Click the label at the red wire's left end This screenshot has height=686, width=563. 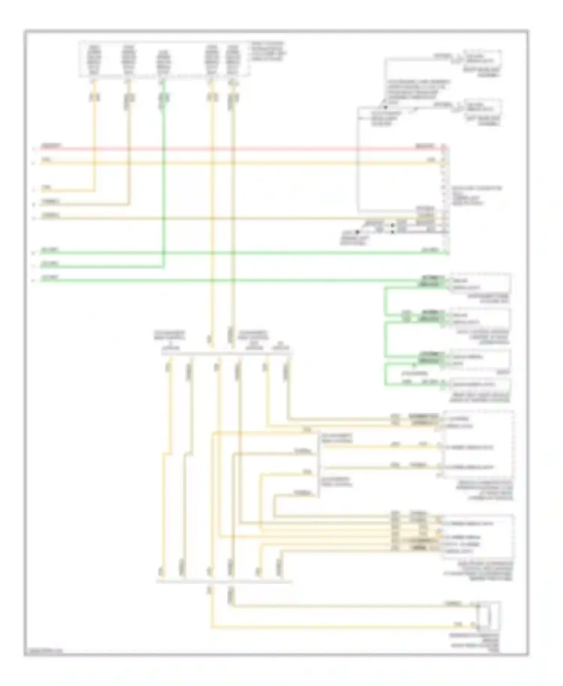click(x=52, y=146)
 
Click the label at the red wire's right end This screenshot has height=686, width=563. click(x=425, y=146)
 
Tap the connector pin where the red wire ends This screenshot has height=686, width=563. click(x=444, y=149)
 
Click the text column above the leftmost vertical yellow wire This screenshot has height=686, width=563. click(x=94, y=59)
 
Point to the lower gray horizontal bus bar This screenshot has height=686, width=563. click(x=224, y=582)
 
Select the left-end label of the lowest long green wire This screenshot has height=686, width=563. click(x=50, y=278)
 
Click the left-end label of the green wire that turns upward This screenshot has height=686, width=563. click(x=50, y=264)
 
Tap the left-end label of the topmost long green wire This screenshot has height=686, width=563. click(x=50, y=250)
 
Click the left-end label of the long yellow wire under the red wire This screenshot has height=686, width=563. click(x=47, y=160)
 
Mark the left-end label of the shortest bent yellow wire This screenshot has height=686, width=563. click(x=47, y=187)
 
